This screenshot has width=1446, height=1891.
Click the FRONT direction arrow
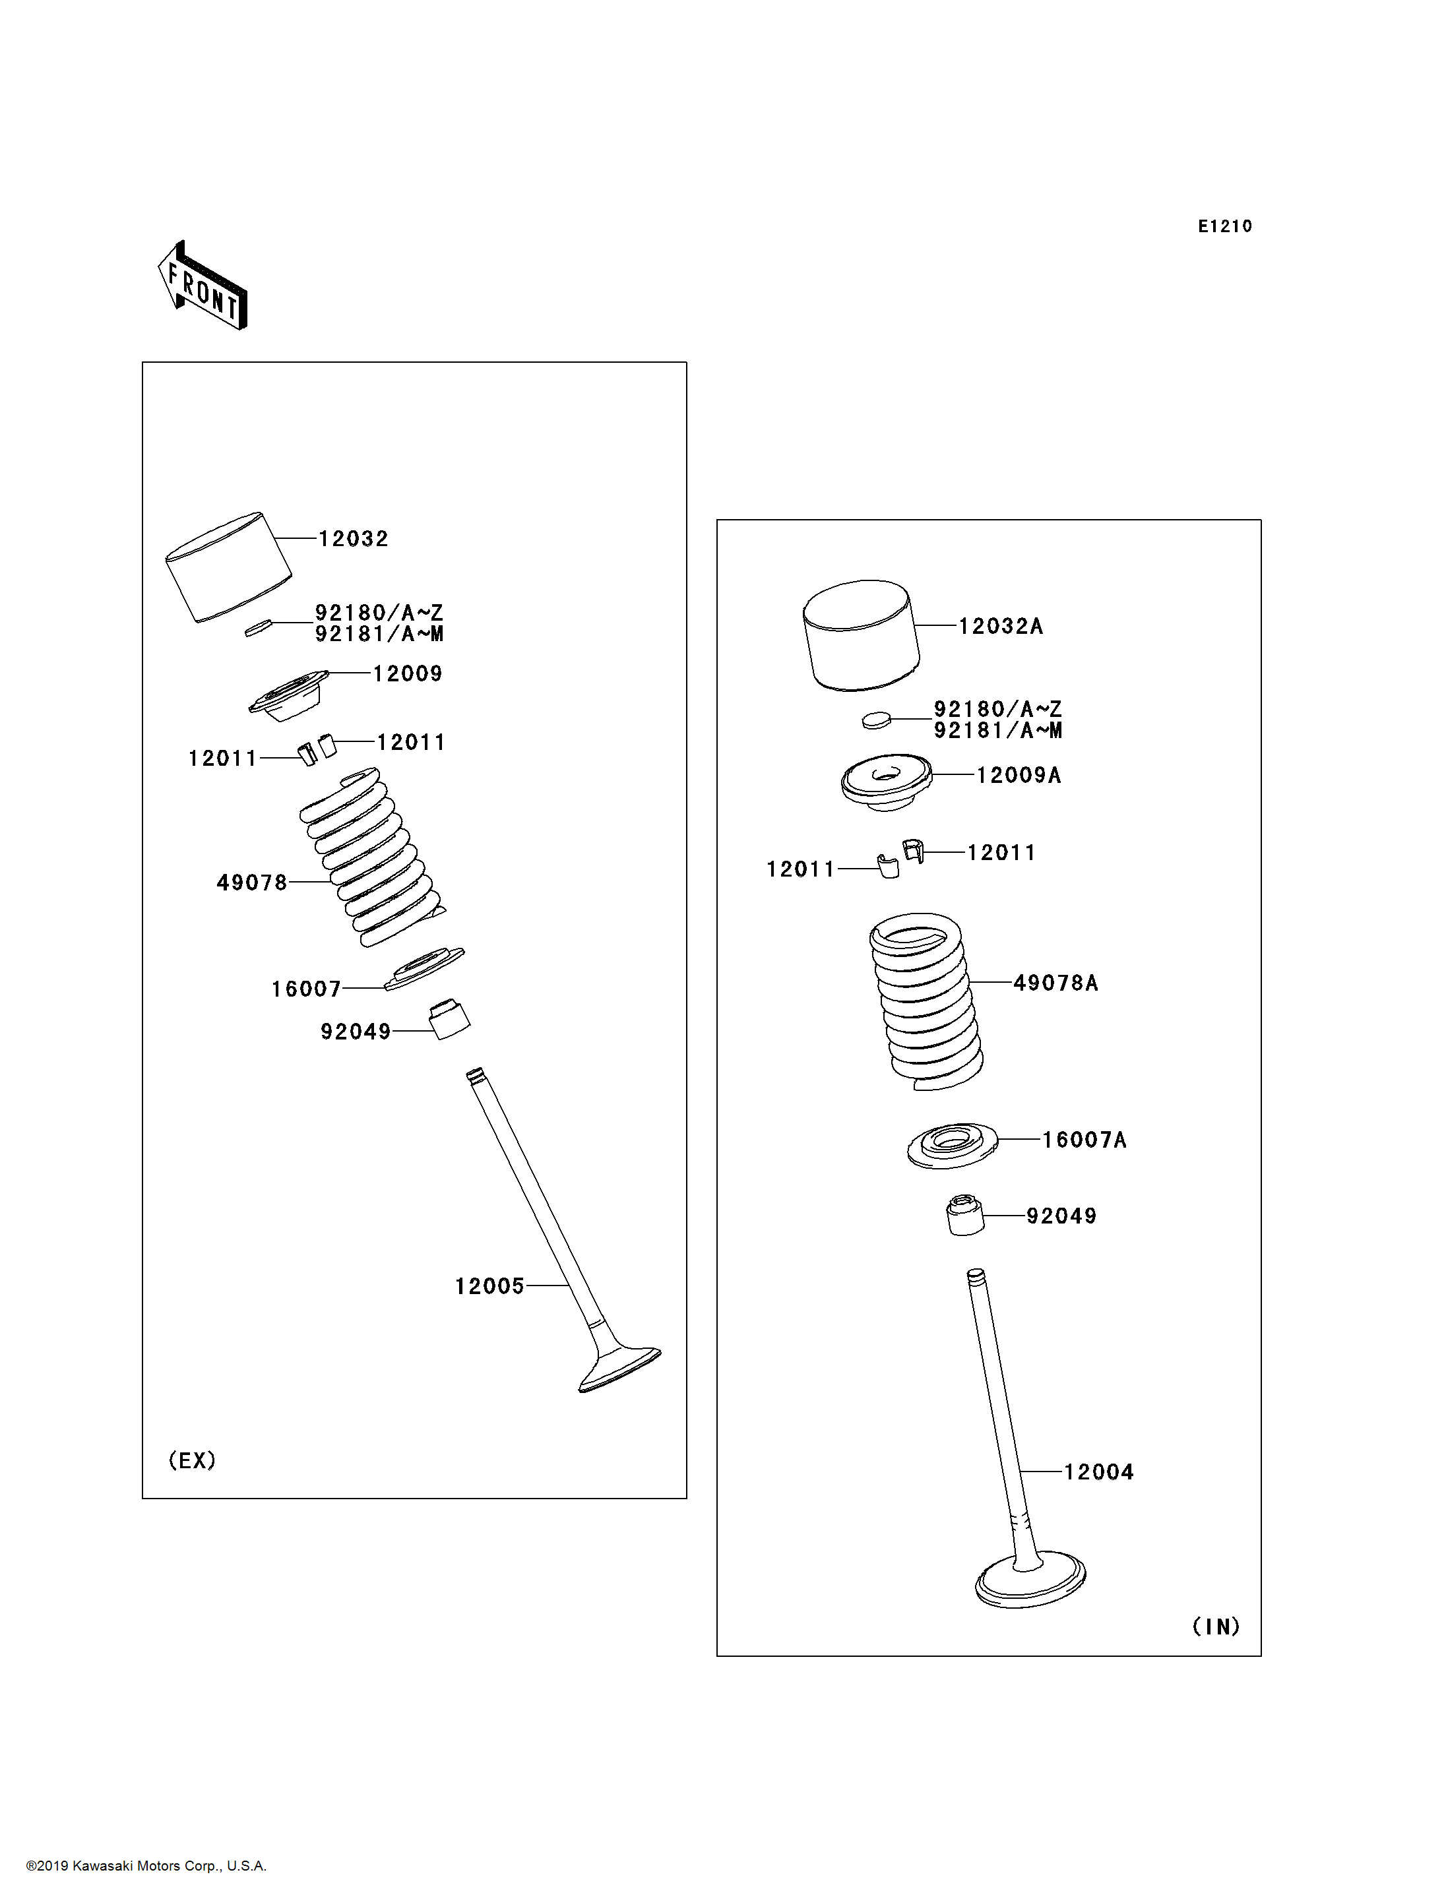coord(203,286)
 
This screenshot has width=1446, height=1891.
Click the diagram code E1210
coord(1225,226)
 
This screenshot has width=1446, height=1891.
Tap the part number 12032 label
coord(353,539)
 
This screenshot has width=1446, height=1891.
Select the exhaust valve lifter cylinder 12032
coord(229,567)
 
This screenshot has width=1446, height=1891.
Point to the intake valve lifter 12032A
coord(862,635)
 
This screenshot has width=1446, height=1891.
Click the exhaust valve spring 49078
coord(372,856)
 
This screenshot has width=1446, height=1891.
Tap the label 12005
coord(489,1286)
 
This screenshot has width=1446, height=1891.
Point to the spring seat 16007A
coord(952,1146)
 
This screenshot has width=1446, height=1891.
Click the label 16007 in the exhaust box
coord(306,989)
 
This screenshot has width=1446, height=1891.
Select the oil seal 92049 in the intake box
coord(965,1214)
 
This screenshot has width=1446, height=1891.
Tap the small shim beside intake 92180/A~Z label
coord(876,720)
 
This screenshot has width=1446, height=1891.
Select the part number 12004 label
coord(1098,1472)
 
